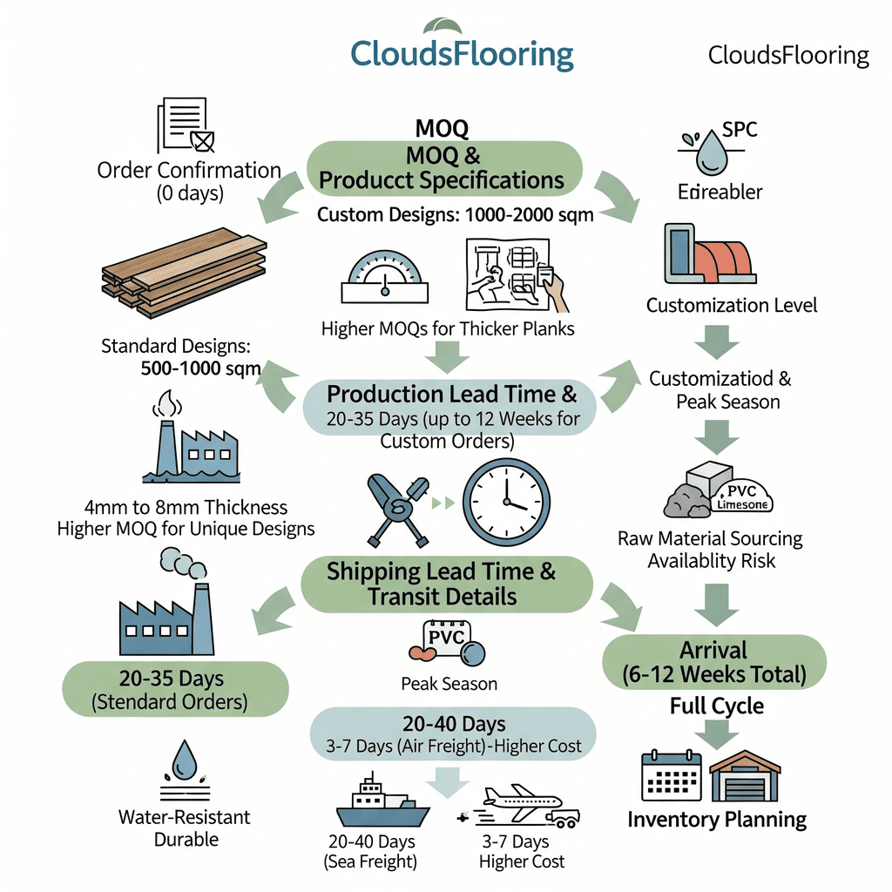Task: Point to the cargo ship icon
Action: tap(382, 803)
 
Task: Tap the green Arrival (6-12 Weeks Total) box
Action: tap(713, 662)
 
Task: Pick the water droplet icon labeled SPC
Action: tap(713, 152)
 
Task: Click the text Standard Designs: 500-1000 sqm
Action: tap(180, 357)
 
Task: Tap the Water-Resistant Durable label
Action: tap(184, 828)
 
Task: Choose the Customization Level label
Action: tap(732, 305)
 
